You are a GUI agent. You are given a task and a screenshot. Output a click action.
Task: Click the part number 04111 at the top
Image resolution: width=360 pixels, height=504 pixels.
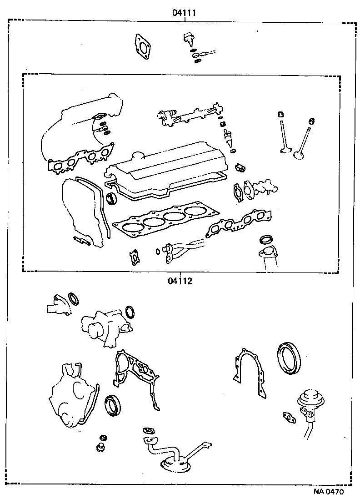(184, 13)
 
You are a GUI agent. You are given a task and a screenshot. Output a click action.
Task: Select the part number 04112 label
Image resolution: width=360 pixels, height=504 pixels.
(180, 281)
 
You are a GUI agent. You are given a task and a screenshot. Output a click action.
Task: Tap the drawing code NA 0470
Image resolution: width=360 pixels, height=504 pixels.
(328, 492)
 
